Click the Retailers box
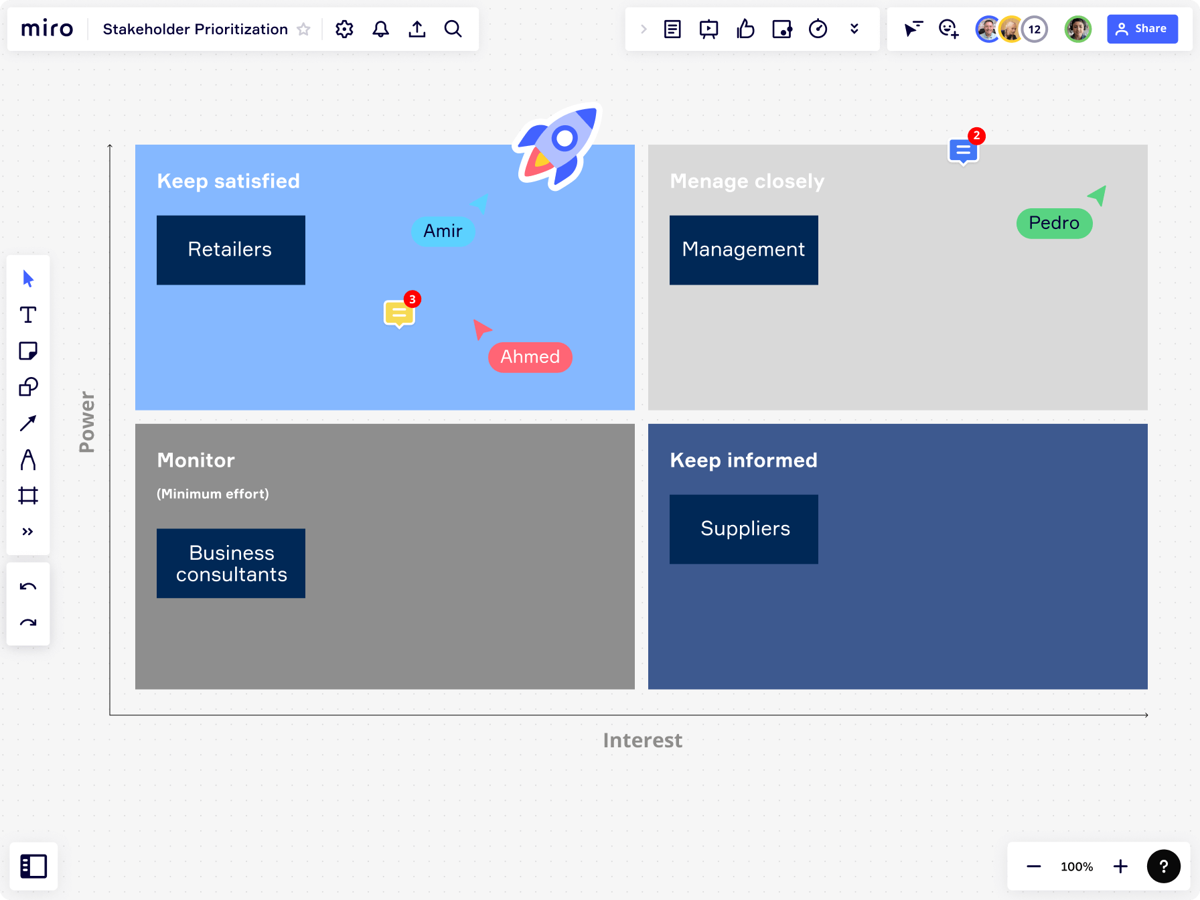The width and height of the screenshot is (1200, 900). (x=230, y=250)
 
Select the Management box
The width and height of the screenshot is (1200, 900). (x=743, y=250)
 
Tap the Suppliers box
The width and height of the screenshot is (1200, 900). (x=743, y=529)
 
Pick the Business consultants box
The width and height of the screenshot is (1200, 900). (x=230, y=563)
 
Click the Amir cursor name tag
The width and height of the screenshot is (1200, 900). (x=443, y=231)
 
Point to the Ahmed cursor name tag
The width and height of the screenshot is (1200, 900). (x=530, y=357)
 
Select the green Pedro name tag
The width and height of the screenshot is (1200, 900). (x=1053, y=223)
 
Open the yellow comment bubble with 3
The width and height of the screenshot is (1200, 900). (x=399, y=313)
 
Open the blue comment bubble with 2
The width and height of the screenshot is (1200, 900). (x=963, y=151)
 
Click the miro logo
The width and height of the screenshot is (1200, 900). (x=47, y=29)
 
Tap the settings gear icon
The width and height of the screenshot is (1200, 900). (x=344, y=29)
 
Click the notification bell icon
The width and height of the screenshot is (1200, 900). (x=380, y=29)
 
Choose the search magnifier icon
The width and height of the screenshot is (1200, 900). (x=453, y=29)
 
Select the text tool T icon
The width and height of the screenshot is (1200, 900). (x=28, y=315)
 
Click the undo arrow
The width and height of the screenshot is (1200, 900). (x=28, y=587)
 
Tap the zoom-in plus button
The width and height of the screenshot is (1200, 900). (x=1120, y=867)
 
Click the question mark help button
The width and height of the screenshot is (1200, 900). (x=1163, y=867)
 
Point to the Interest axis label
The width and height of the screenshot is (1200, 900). (x=642, y=740)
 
